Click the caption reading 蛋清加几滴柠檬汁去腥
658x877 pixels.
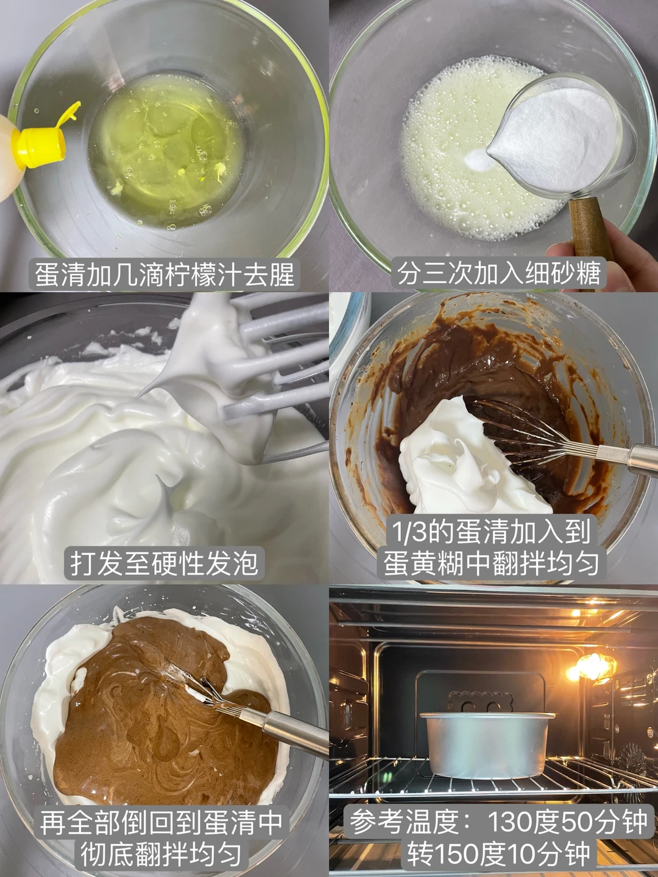tap(164, 275)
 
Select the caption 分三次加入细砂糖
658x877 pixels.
tap(499, 275)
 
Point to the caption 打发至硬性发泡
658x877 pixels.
tap(164, 563)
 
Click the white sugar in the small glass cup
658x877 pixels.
tap(555, 136)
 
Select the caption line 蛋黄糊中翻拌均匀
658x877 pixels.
tap(491, 563)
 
